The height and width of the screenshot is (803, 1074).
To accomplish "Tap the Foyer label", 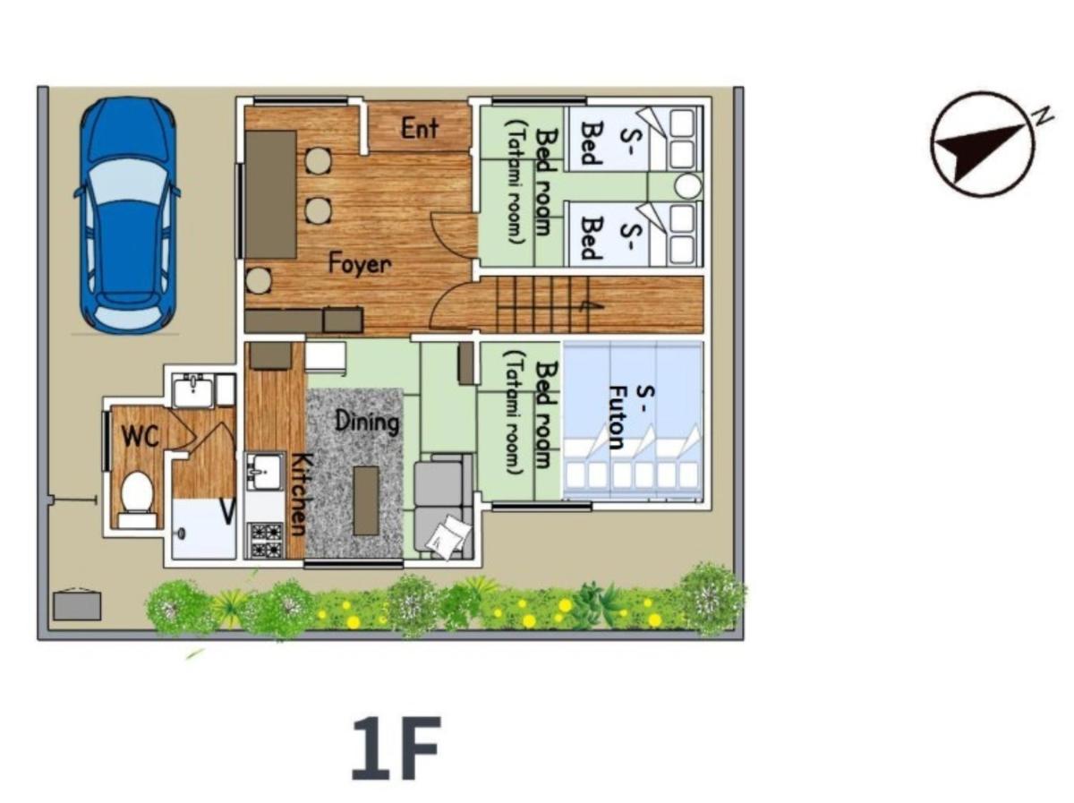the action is [360, 264].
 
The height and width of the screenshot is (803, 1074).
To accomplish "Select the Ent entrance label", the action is [420, 129].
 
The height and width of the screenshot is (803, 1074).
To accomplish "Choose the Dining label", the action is [367, 423].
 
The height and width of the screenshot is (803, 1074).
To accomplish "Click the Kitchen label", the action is [299, 494].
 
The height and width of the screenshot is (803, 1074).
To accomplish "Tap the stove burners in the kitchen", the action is [266, 540].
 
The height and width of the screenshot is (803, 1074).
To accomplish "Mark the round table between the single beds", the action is [688, 186].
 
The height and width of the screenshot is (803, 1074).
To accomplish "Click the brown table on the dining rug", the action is [366, 500].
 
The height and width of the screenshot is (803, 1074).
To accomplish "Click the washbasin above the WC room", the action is [193, 390].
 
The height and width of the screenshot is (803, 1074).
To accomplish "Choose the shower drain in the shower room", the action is [183, 534].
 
